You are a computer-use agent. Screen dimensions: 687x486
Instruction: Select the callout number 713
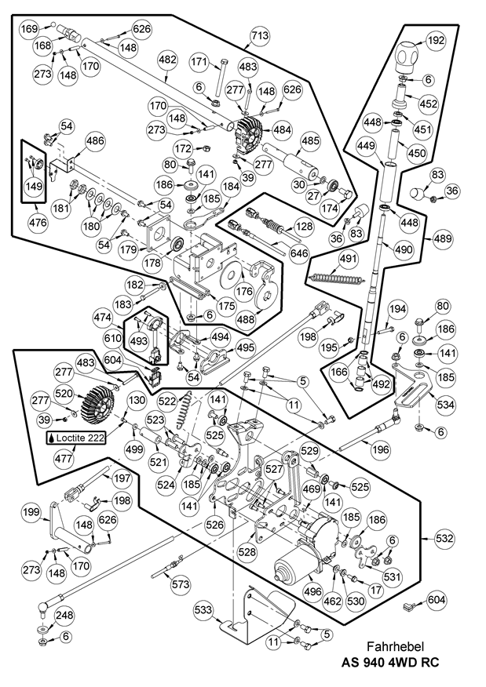pos(259,35)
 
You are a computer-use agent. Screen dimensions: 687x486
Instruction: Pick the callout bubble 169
pos(29,29)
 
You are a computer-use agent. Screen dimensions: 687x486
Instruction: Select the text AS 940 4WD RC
pos(389,663)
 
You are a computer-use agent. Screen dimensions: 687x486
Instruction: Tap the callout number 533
pos(204,609)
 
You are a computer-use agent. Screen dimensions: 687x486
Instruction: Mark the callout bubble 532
pos(445,539)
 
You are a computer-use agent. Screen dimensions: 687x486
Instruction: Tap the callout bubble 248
pos(64,615)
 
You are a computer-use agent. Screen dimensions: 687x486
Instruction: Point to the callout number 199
pos(31,512)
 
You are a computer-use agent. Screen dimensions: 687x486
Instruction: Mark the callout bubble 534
pos(447,405)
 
